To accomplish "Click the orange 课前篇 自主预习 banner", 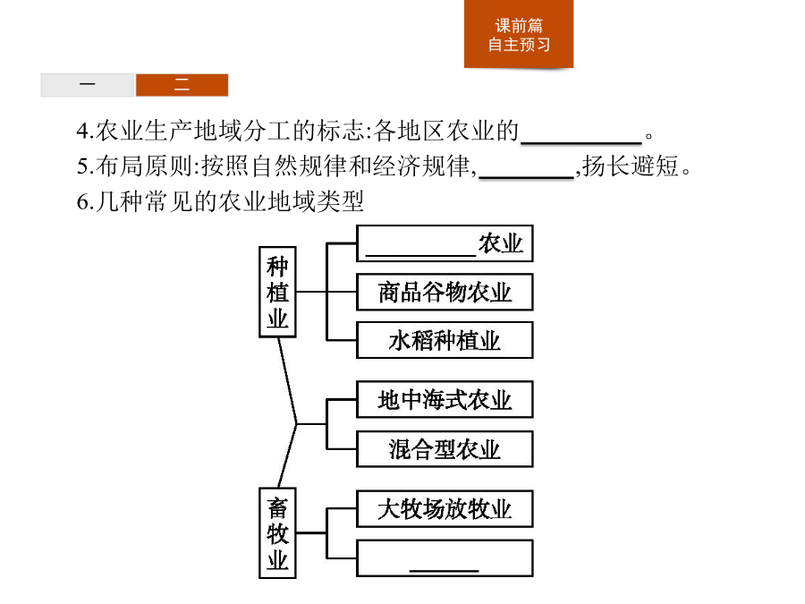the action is (x=519, y=34).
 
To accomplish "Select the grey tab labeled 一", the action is (x=88, y=85).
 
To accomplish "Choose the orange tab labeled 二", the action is (x=182, y=85).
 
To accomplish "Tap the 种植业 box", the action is (x=277, y=292).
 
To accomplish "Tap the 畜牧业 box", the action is (x=277, y=533).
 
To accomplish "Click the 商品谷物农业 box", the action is (x=445, y=292).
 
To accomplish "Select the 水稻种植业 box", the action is (x=445, y=340).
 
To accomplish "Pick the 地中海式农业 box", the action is (x=445, y=399).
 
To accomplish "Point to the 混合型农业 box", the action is (x=445, y=449).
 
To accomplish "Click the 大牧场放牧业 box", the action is (x=445, y=509).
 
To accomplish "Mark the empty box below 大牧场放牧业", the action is (x=445, y=557).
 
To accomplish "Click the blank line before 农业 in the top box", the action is (x=421, y=254).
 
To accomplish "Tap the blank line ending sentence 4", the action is (x=581, y=142).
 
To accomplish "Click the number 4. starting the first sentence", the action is (x=85, y=131).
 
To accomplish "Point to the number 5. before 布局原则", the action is (x=85, y=166).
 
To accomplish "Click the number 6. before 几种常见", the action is (x=85, y=201).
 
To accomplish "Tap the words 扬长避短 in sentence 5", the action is (x=631, y=166).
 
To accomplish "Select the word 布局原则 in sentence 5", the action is (x=145, y=166).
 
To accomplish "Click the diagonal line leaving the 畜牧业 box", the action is (x=287, y=455).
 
